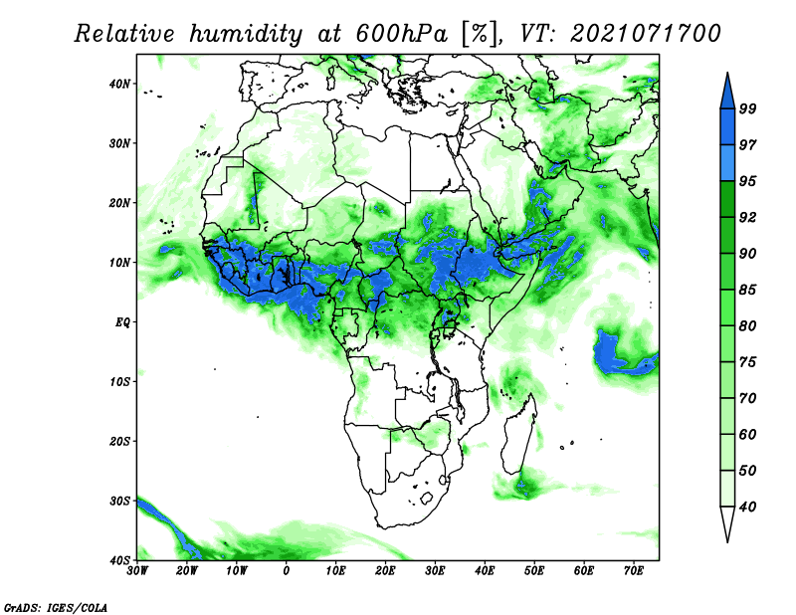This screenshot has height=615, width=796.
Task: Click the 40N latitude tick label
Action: click(x=119, y=84)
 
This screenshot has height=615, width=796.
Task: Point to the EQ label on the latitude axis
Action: click(x=122, y=322)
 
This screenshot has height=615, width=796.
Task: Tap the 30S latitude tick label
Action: click(x=119, y=502)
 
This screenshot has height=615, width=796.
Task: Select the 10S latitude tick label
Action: click(x=119, y=382)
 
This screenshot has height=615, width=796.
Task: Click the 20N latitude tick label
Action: click(x=119, y=203)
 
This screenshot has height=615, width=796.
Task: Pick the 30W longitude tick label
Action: click(x=137, y=571)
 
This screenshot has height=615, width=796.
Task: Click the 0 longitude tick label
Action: click(x=287, y=571)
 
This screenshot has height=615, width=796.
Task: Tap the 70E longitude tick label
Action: click(x=634, y=571)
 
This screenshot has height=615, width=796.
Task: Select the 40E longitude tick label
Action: click(x=485, y=571)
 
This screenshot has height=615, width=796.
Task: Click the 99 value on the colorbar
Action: click(x=748, y=108)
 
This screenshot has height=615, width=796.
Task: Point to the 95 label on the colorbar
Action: click(x=748, y=181)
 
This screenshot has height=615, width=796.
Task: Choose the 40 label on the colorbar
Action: click(x=748, y=507)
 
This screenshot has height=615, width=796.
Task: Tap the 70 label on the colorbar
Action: click(x=748, y=398)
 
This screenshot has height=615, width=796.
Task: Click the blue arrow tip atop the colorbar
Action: click(x=727, y=73)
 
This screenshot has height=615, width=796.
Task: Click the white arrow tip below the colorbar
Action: click(x=727, y=541)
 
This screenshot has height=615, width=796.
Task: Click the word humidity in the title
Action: click(x=246, y=35)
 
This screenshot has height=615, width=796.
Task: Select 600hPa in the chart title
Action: click(x=402, y=34)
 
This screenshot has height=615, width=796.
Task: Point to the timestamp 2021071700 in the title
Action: click(x=645, y=34)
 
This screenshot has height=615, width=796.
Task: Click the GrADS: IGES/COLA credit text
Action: click(x=56, y=608)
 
